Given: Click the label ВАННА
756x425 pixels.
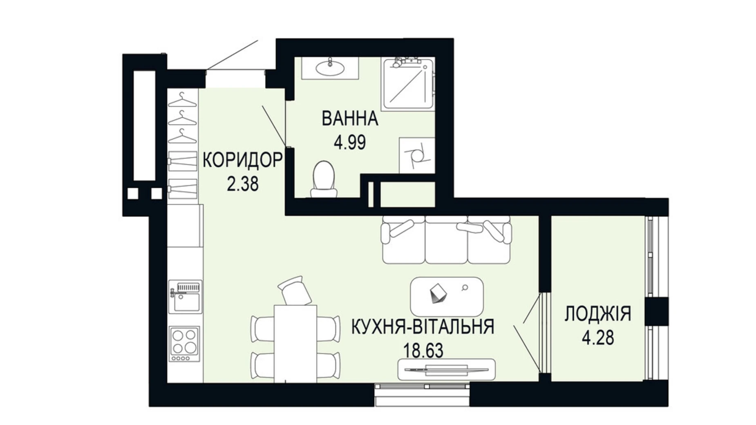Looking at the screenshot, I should coord(349,119).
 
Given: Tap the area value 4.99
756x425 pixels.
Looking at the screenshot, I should coord(349,143).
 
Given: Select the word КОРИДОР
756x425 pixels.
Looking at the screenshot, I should coord(242,160).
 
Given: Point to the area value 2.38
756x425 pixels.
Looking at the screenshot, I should coord(243,184).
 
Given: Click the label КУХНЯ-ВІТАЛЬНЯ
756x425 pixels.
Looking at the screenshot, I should coord(423,327).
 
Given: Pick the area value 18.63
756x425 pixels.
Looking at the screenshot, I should coord(423,351).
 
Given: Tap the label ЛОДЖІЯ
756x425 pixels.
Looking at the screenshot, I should coord(598,314).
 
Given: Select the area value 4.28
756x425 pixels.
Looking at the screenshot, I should coord(598,338).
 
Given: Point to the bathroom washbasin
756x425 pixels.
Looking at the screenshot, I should coord(330,68).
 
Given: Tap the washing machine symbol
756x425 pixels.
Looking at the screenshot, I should coord(416,155).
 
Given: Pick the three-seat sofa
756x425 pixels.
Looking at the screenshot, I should coord(446,240).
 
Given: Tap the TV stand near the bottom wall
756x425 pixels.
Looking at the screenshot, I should coord(447,369).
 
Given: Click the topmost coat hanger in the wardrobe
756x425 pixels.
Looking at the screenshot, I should coord(182,99).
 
